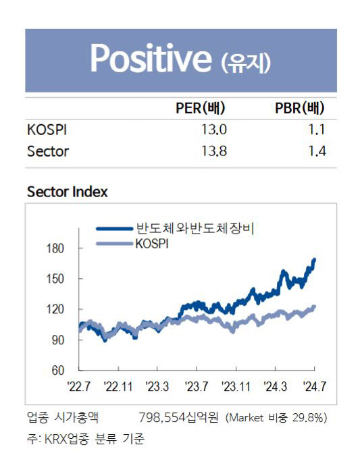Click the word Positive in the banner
(151, 58)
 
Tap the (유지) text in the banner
(246, 63)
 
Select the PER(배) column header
(201, 108)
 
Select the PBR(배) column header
(299, 108)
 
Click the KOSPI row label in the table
(47, 130)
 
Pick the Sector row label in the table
(48, 151)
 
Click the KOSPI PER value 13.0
(214, 130)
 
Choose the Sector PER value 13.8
(214, 151)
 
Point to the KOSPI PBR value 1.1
(317, 130)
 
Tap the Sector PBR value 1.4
(317, 151)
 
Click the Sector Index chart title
(68, 192)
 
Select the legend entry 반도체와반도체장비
(195, 228)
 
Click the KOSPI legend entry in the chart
(151, 244)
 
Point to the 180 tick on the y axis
(55, 248)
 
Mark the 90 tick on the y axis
(58, 340)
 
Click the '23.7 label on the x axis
(197, 387)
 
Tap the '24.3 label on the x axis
(276, 387)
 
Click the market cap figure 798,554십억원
(178, 418)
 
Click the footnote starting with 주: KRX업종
(86, 439)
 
